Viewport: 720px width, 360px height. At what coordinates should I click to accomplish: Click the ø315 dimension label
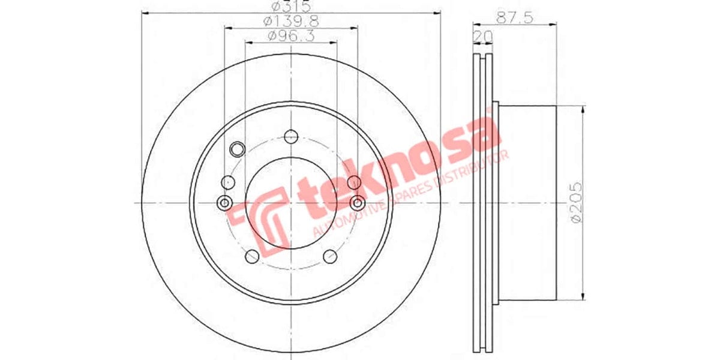(290, 7)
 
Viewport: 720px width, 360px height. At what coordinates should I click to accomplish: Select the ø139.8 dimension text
(290, 22)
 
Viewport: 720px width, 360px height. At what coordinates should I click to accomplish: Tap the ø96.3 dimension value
(290, 37)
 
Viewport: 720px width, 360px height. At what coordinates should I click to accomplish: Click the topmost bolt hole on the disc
(292, 136)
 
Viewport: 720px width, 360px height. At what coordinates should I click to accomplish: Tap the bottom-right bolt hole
(329, 257)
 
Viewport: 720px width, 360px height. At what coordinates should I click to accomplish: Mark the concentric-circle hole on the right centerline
(358, 203)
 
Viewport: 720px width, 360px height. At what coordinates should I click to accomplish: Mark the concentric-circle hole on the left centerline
(226, 203)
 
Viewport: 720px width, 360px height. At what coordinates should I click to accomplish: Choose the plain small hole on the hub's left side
(228, 181)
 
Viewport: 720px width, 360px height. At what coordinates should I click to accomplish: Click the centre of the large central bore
(292, 203)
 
